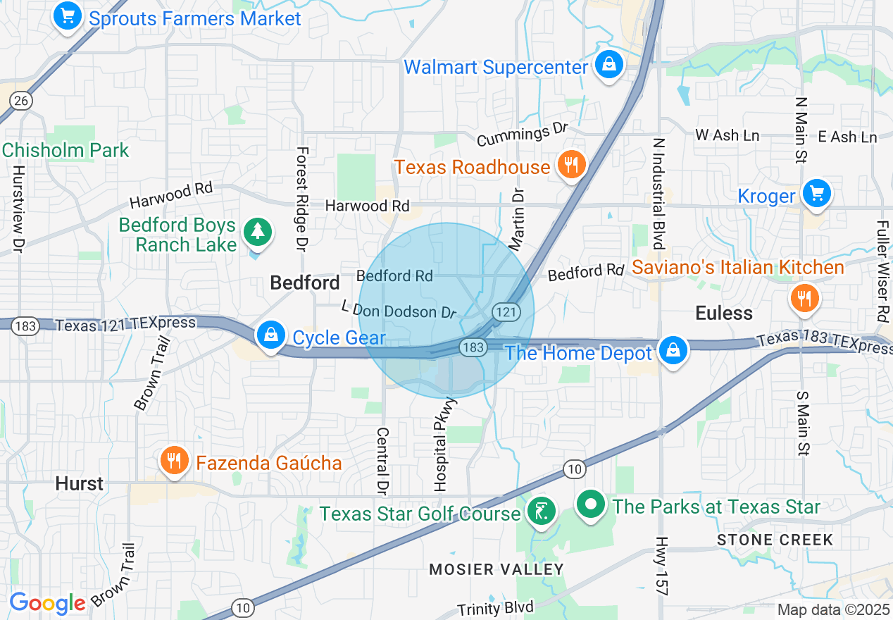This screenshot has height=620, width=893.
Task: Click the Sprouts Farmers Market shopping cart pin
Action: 67,15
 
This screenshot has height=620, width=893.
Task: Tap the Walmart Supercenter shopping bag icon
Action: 607,65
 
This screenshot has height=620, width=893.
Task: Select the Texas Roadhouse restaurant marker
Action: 571,165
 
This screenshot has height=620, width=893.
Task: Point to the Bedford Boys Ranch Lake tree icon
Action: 257,232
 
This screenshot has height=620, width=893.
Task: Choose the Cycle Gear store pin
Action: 271,335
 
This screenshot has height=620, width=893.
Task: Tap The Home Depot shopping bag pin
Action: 673,349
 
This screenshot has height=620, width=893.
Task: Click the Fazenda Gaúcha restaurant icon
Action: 173,461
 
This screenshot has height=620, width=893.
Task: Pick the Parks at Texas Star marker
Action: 592,504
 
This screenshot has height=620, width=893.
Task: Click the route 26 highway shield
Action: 21,101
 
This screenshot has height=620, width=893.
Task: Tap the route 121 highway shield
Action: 506,311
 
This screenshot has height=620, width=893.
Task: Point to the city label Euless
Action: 724,313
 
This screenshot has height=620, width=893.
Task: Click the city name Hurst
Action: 80,484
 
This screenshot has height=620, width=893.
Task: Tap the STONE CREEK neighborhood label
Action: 775,540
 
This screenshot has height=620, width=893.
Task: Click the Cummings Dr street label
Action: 522,134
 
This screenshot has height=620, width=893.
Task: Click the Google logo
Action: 47,604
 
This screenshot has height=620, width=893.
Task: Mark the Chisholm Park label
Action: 65,150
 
